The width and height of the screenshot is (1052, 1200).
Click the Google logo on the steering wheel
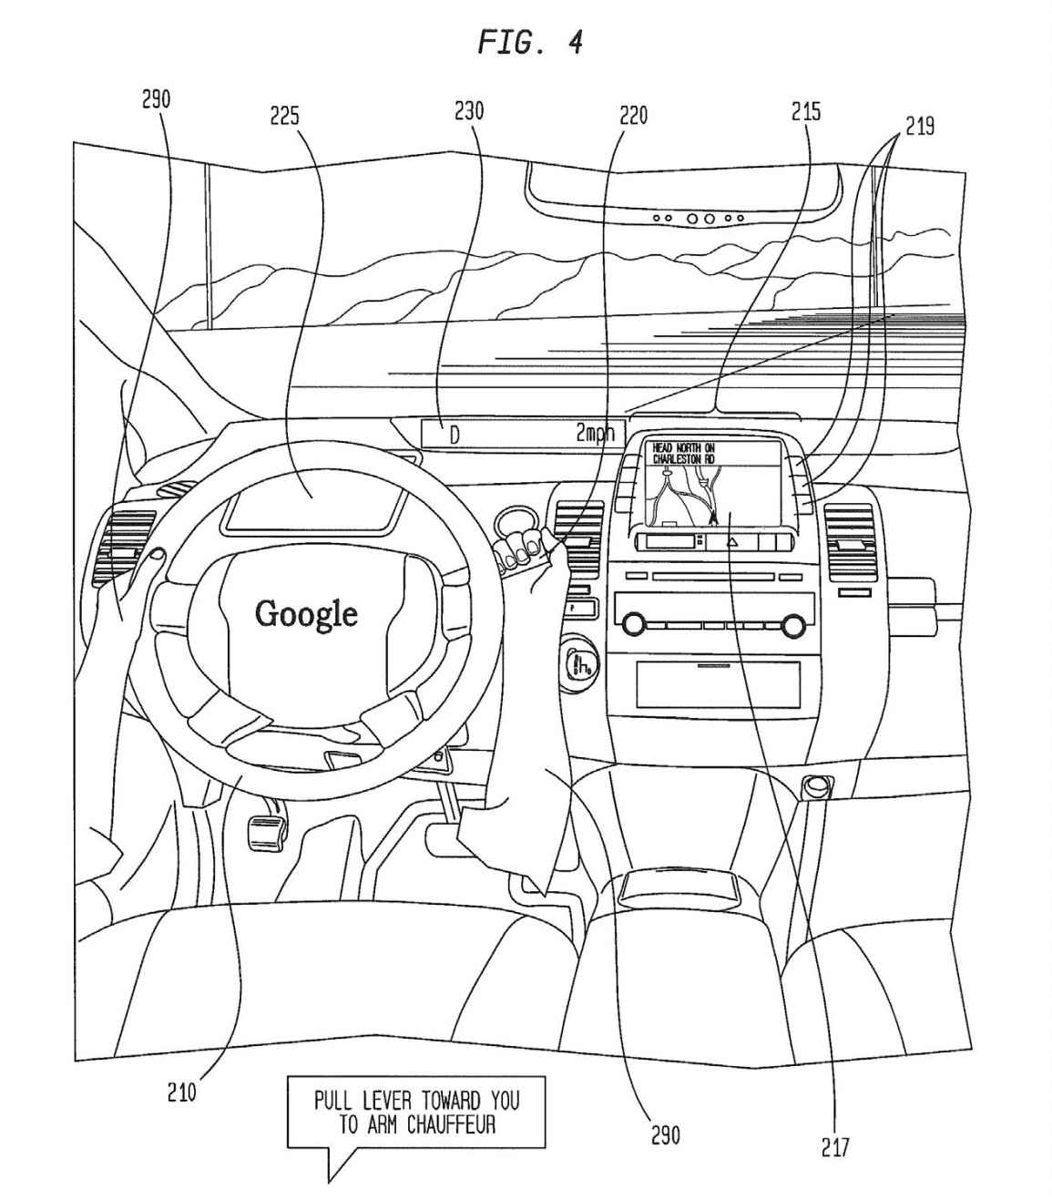click(306, 613)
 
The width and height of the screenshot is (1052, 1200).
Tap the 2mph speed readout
click(595, 434)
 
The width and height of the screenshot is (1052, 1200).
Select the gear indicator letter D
click(455, 436)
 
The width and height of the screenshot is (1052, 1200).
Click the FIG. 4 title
click(530, 42)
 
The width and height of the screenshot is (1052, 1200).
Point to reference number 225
click(284, 116)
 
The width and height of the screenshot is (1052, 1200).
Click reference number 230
click(469, 110)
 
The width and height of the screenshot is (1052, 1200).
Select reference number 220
click(633, 115)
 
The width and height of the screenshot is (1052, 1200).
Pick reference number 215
click(806, 111)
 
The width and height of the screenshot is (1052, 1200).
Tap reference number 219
click(920, 125)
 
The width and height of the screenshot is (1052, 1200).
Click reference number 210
click(181, 1092)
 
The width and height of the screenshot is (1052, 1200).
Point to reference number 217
click(834, 1148)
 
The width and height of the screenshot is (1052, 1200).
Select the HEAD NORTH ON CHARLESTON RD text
click(683, 454)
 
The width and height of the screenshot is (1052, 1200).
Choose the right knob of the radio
click(792, 625)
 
